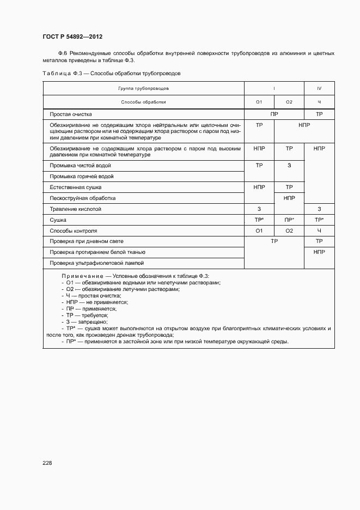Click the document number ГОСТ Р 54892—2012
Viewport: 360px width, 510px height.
click(x=72, y=37)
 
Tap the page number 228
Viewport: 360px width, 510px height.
click(x=47, y=463)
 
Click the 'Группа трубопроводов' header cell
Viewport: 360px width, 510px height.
click(x=144, y=88)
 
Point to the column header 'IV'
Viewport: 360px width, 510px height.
click(x=319, y=88)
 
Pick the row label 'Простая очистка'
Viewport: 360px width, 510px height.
click(x=71, y=114)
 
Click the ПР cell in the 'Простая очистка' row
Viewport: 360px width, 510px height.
click(x=274, y=114)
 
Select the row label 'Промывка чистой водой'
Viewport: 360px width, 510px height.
click(x=80, y=165)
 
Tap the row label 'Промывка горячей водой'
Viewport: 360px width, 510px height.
click(x=82, y=177)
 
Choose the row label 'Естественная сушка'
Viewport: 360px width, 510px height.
click(x=76, y=187)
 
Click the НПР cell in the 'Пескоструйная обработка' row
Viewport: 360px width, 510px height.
click(x=289, y=198)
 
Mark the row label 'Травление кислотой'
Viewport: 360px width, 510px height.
click(x=76, y=209)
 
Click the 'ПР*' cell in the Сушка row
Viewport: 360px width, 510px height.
click(x=289, y=220)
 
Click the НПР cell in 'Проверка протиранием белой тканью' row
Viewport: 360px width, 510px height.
click(x=319, y=252)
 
